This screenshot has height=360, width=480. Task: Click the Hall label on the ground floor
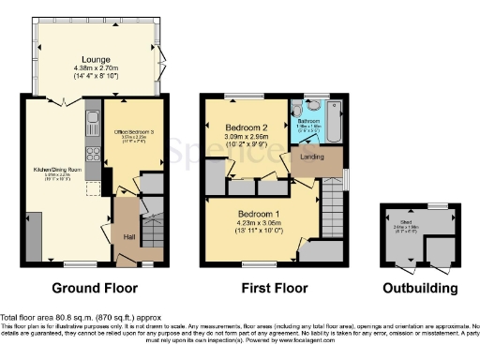(130, 237)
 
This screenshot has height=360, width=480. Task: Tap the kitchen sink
(93, 118)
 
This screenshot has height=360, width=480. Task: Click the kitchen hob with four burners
(92, 152)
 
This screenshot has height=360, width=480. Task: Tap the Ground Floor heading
(94, 287)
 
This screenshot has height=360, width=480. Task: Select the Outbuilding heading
(419, 287)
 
